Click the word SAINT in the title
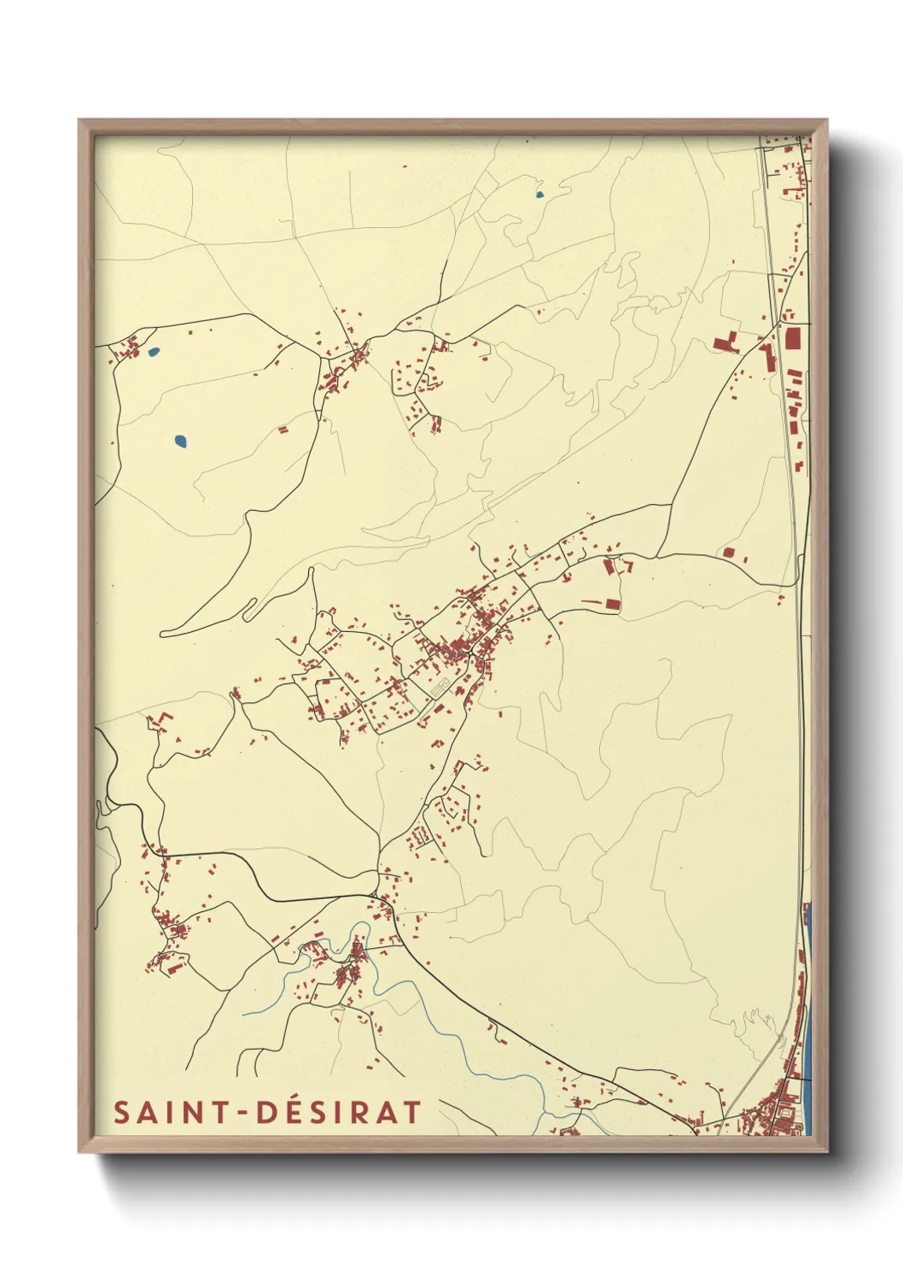tap(166, 1112)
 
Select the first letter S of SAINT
tap(121, 1112)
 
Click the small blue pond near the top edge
tap(539, 195)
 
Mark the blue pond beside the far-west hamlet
tap(154, 351)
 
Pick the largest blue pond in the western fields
tap(180, 441)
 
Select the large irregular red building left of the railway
tap(725, 343)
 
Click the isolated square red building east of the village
tap(728, 553)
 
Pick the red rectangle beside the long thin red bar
tap(613, 605)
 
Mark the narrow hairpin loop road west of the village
tap(249, 609)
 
